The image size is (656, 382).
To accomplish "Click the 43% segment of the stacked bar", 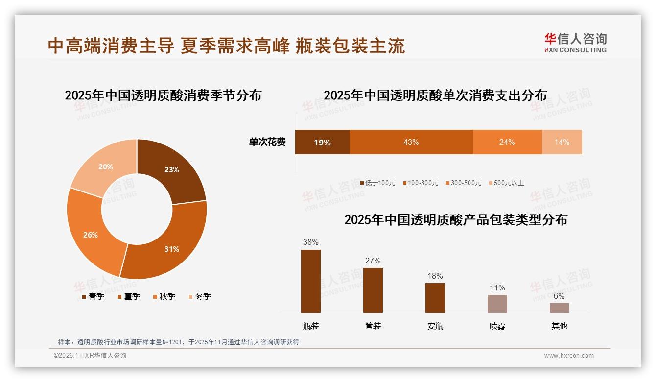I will click(x=411, y=142).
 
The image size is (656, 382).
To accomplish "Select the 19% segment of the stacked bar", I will click(x=322, y=142).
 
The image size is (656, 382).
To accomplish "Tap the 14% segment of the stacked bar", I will click(x=562, y=142).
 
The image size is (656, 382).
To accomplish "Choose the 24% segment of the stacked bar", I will click(x=507, y=142).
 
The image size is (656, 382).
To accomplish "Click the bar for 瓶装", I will click(x=310, y=281).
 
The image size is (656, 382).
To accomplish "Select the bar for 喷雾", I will click(x=497, y=304).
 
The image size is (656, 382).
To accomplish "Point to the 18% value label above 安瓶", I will click(x=435, y=276).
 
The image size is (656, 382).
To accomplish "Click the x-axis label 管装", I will click(x=373, y=326).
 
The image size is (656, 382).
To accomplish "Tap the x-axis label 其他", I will click(x=559, y=326).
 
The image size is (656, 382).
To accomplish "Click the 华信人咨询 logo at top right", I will click(x=575, y=43).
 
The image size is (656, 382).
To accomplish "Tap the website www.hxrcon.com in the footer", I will click(x=568, y=356).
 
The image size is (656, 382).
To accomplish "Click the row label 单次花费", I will click(x=267, y=142).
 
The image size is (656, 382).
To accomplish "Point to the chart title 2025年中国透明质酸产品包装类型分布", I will click(x=455, y=220).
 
